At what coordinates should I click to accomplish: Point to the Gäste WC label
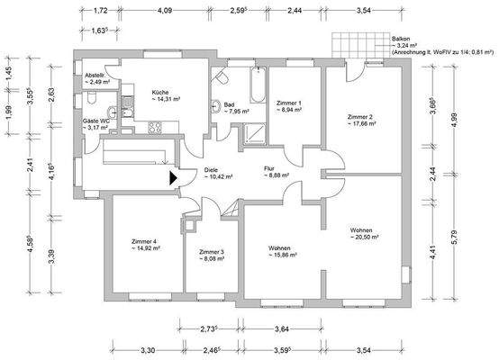coord(95,119)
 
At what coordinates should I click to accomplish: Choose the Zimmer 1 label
coord(287,103)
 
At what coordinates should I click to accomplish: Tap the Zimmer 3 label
coord(212,252)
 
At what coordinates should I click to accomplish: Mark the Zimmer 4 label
coord(143,241)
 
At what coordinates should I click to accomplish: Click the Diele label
coord(212,168)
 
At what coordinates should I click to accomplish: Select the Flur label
coord(268,168)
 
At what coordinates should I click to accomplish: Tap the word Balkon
coord(402,40)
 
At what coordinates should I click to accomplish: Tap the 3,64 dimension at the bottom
coord(281,330)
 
